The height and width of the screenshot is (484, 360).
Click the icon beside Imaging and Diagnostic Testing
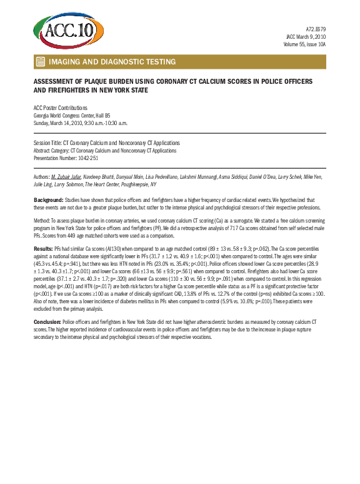40,62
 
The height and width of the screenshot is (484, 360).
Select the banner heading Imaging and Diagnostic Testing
112,62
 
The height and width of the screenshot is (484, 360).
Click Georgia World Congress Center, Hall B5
72,115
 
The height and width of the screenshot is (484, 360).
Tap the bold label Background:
48,199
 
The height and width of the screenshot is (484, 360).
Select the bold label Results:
43,248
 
